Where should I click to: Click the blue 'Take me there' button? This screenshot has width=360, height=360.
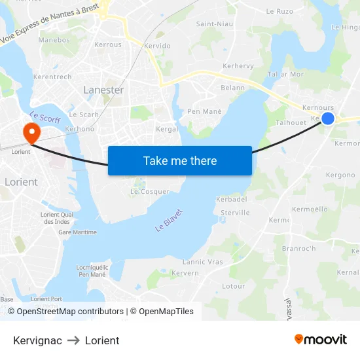[x=180, y=160]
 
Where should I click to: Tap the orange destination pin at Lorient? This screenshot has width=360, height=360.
[x=31, y=133]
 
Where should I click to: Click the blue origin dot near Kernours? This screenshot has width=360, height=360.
[x=328, y=118]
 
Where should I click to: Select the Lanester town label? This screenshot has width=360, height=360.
[x=103, y=90]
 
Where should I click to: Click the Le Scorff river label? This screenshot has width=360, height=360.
[x=45, y=118]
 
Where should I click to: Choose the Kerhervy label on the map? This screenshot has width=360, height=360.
[x=238, y=66]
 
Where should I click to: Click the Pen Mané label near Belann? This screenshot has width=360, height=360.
[x=205, y=111]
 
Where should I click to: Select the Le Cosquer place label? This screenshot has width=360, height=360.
[x=150, y=192]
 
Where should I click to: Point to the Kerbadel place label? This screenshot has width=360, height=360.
[x=232, y=199]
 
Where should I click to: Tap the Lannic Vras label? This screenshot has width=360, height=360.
[x=203, y=262]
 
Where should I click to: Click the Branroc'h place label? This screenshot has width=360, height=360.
[x=298, y=249]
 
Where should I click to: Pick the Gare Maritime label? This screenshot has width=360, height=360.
[x=77, y=232]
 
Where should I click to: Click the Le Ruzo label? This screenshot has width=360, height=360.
[x=279, y=11]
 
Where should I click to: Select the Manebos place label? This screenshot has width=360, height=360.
[x=54, y=40]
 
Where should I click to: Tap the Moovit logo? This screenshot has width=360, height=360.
[x=321, y=340]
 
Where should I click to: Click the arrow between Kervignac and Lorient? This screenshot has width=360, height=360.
[x=73, y=340]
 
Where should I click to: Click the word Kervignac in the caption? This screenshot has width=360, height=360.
[x=37, y=340]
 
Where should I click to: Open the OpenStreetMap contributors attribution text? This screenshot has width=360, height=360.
[x=70, y=312]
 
